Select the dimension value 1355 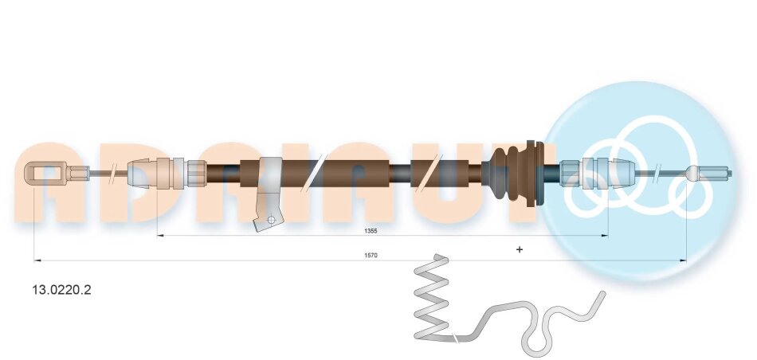371,231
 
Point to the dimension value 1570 371,256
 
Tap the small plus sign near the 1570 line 520,249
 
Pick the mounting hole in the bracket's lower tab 272,220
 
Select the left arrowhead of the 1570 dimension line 37,260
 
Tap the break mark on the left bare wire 114,172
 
